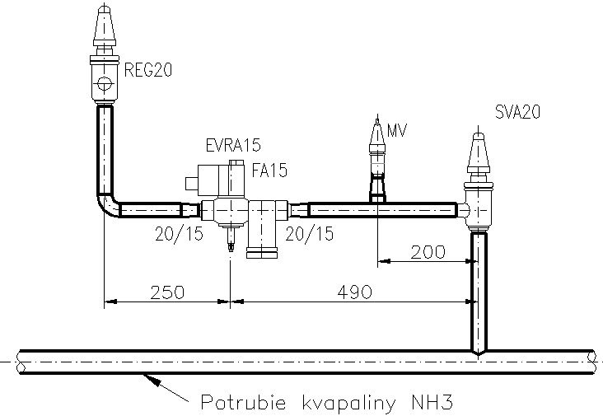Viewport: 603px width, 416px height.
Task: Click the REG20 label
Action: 148,70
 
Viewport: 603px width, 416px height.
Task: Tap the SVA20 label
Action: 517,112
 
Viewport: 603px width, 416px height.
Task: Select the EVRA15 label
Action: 233,145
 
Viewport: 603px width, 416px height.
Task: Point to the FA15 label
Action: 269,171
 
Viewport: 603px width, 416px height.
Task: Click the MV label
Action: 397,131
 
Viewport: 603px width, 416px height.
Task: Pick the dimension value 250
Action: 167,292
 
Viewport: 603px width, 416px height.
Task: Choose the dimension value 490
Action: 354,292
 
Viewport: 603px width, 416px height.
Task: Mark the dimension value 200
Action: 428,252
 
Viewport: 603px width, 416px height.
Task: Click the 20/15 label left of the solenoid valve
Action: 180,234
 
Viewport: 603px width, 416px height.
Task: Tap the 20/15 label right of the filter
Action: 310,234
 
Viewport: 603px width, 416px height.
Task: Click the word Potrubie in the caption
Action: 244,403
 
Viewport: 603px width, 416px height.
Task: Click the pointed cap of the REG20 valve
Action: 104,25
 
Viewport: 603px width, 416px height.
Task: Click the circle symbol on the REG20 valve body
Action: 104,83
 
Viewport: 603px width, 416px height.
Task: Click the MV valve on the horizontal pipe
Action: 377,161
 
